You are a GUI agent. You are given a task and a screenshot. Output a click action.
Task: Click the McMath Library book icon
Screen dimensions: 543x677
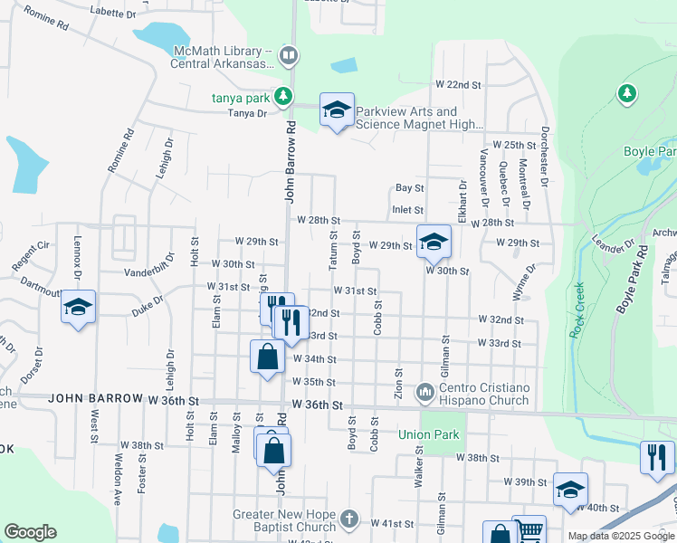[x=289, y=56]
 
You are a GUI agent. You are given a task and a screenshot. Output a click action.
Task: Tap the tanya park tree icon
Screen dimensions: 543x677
[x=283, y=95]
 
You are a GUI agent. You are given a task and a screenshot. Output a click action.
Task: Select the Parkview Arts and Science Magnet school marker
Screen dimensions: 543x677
[x=337, y=111]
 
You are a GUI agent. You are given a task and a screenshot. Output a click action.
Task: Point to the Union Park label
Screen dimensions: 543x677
[x=429, y=434]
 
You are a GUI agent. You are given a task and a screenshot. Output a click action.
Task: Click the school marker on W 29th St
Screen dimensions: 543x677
[x=434, y=242]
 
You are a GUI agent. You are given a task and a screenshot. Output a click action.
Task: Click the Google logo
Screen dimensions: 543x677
[x=30, y=532]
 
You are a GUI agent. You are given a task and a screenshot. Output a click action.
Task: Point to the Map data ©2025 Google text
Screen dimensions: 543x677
[x=620, y=536]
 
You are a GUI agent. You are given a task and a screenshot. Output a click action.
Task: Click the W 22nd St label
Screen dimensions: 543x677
[x=457, y=84]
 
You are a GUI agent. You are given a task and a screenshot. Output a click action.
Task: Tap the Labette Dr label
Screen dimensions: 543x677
[x=113, y=14]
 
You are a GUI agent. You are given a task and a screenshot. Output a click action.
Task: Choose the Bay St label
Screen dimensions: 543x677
[x=409, y=188]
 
